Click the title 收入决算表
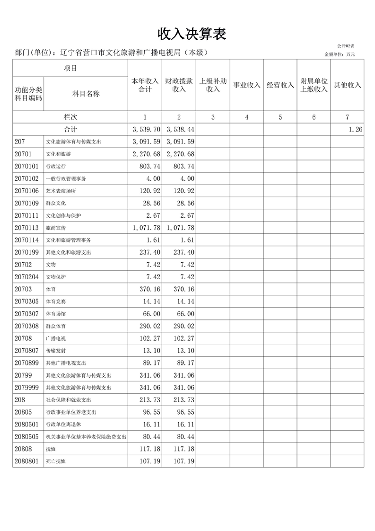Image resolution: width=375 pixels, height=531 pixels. pos(192,34)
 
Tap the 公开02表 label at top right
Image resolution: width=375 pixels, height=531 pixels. pos(346,45)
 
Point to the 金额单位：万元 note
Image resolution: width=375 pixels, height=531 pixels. pos(340,54)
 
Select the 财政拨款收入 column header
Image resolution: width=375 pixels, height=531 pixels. pos(179,85)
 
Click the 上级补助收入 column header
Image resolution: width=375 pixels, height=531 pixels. pos(213,85)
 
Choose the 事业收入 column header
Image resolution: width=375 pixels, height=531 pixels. pos(246,85)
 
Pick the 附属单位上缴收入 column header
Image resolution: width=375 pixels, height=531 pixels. pos(314,85)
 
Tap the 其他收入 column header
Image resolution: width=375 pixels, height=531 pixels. pos(348,85)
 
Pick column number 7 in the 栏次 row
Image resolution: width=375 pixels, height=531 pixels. pos(348,117)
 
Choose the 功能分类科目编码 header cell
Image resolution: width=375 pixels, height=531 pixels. pos(28,94)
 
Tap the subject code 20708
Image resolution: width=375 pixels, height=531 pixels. pos(24,338)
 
